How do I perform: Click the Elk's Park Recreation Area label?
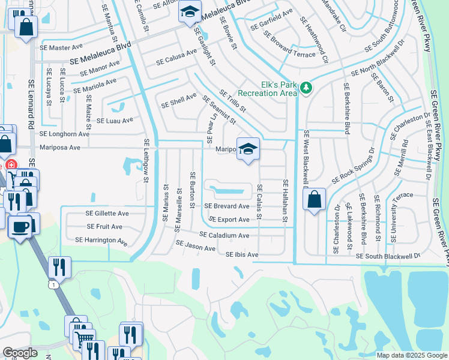(268, 88)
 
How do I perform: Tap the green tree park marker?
(306, 88)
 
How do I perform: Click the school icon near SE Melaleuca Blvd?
(190, 12)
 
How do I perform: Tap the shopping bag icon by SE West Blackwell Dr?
(315, 199)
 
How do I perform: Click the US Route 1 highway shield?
(55, 285)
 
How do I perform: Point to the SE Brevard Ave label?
(227, 206)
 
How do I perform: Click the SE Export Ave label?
(225, 220)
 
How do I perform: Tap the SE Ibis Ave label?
(242, 255)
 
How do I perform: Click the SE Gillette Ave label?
(107, 213)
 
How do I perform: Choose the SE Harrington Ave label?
(101, 241)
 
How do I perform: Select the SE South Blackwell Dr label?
(388, 256)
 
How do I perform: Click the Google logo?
(20, 353)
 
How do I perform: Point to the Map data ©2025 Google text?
(411, 355)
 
